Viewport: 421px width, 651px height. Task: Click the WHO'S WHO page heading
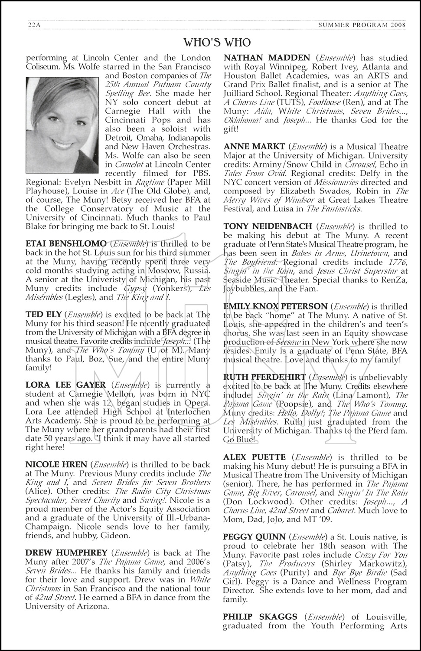pyautogui.click(x=217, y=42)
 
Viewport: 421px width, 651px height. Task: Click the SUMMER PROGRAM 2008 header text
pyautogui.click(x=362, y=25)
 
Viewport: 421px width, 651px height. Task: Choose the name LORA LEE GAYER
pyautogui.click(x=65, y=385)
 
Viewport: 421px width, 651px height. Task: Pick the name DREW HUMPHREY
pyautogui.click(x=66, y=552)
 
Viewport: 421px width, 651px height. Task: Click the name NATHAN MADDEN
pyautogui.click(x=267, y=58)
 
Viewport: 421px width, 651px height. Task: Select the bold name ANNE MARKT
pyautogui.click(x=254, y=147)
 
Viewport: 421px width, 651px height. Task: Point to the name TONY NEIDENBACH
pyautogui.click(x=268, y=226)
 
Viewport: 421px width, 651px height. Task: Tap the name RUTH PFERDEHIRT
pyautogui.click(x=264, y=377)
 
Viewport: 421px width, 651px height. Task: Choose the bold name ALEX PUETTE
pyautogui.click(x=255, y=457)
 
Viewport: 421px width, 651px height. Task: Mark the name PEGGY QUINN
pyautogui.click(x=255, y=537)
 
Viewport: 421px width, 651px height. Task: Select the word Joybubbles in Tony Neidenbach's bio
pyautogui.click(x=244, y=288)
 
